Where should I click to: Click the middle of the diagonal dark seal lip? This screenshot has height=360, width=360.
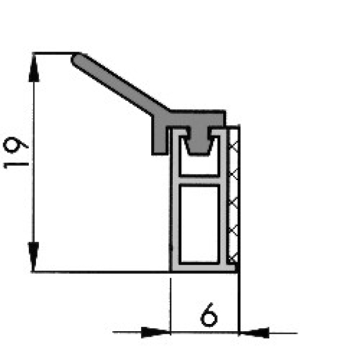pyautogui.click(x=120, y=86)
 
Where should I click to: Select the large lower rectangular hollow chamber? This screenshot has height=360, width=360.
pyautogui.click(x=199, y=223)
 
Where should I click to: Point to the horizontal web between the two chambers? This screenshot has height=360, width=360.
pyautogui.click(x=199, y=179)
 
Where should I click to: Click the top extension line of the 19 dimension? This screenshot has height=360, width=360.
pyautogui.click(x=54, y=53)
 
